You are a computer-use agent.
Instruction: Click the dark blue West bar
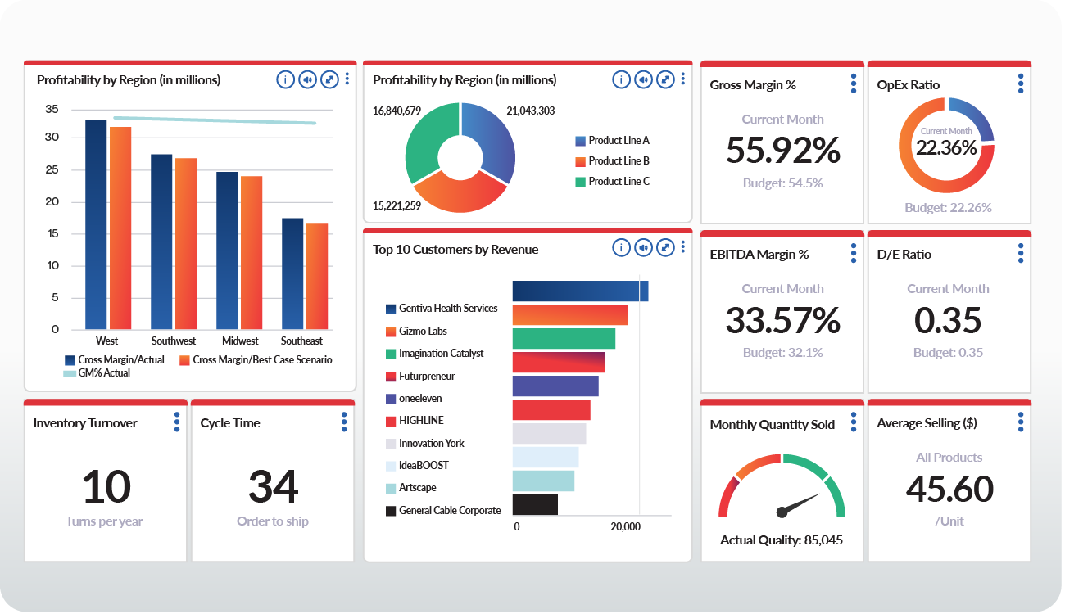click(x=96, y=224)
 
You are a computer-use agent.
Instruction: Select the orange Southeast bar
click(x=316, y=276)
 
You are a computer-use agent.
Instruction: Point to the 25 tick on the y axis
click(x=52, y=170)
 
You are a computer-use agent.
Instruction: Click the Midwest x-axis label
click(x=239, y=341)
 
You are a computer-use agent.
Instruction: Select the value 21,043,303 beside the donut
click(x=530, y=111)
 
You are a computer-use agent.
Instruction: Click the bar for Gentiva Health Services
click(x=580, y=291)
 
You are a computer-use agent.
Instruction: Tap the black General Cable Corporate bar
click(x=534, y=504)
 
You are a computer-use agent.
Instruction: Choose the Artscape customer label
click(x=417, y=488)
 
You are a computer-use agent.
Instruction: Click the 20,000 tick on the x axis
click(x=626, y=527)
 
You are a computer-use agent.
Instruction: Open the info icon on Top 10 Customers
click(x=621, y=247)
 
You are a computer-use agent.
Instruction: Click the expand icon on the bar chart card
click(x=329, y=79)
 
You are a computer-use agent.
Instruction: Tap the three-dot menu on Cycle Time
click(x=344, y=422)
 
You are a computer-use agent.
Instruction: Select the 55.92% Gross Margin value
click(x=782, y=151)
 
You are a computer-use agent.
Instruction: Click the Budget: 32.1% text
click(x=782, y=353)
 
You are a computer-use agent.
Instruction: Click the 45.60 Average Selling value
click(x=949, y=490)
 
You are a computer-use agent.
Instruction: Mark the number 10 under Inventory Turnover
click(x=106, y=487)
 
